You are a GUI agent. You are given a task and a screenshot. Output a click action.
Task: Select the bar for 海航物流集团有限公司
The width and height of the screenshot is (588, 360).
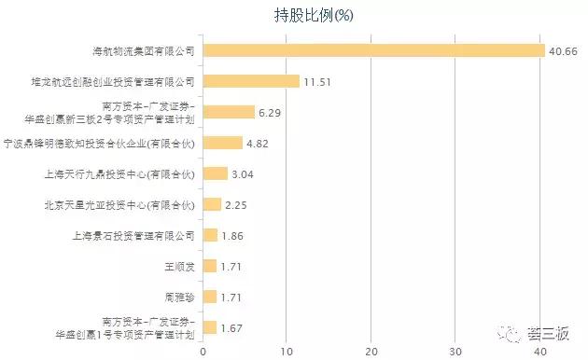click(373, 50)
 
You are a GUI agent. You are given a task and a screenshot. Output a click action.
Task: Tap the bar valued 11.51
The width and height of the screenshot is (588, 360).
click(251, 81)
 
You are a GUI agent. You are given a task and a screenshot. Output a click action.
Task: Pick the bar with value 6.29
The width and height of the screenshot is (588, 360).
click(229, 112)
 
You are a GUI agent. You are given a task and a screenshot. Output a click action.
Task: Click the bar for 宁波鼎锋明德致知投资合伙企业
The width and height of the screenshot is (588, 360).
click(222, 143)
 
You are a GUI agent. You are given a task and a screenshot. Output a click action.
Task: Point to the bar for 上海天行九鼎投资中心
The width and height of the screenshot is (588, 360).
click(215, 173)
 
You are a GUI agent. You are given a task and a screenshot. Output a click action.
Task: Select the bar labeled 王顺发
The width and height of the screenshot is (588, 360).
click(209, 266)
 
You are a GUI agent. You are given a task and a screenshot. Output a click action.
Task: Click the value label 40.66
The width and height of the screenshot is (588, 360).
click(563, 50)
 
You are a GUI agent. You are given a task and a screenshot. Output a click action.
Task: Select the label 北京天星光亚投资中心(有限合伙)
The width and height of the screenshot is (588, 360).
click(119, 204)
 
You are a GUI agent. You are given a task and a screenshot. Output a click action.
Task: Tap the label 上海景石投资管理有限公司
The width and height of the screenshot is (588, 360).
click(133, 235)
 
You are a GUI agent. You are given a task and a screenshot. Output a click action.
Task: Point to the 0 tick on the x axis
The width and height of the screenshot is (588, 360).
click(203, 352)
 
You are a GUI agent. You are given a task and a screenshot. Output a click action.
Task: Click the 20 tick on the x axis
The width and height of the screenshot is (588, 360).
click(371, 352)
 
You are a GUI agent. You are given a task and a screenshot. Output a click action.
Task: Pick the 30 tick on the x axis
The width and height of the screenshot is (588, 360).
click(455, 352)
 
